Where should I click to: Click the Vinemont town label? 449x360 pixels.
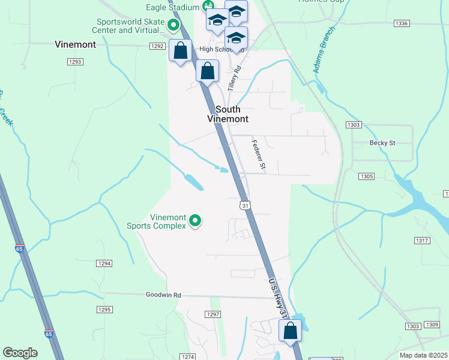[75, 44]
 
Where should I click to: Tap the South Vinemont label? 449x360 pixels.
[228, 114]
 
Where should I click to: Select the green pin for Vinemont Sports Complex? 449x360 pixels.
[195, 221]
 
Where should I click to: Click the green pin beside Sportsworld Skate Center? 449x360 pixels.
[173, 25]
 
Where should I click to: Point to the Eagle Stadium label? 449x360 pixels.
[173, 7]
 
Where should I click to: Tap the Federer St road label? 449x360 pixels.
[259, 155]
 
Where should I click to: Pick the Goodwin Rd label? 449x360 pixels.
[163, 295]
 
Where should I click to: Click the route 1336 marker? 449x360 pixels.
[402, 23]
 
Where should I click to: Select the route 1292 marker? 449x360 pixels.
[157, 46]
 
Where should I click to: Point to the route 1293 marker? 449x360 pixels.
[76, 62]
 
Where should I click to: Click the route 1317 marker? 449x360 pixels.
[422, 241]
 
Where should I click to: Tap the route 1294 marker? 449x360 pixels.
[104, 263]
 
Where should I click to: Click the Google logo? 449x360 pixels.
[20, 353]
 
